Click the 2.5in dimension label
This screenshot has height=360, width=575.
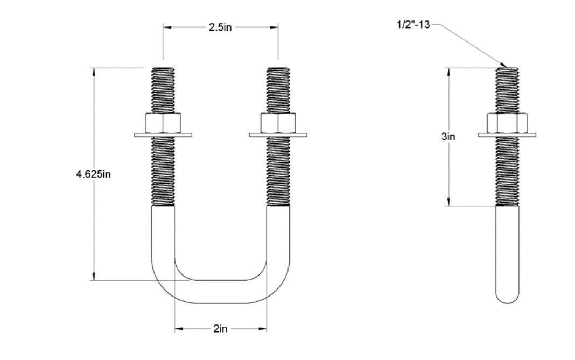coord(220,27)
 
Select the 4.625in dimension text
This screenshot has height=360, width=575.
coord(93,174)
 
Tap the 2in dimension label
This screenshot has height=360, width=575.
coord(220,329)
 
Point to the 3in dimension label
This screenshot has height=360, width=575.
coord(448,137)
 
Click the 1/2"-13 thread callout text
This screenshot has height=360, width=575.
coord(413,25)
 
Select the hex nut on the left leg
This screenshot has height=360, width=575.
coord(163,123)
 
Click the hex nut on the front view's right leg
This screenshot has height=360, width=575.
coord(278,123)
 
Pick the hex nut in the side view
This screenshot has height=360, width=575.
coord(507,123)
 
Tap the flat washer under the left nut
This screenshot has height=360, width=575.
coord(163,135)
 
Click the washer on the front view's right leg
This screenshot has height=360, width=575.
coord(278,135)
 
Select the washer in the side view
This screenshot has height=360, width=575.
coord(507,135)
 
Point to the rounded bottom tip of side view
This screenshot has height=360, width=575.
coord(507,299)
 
